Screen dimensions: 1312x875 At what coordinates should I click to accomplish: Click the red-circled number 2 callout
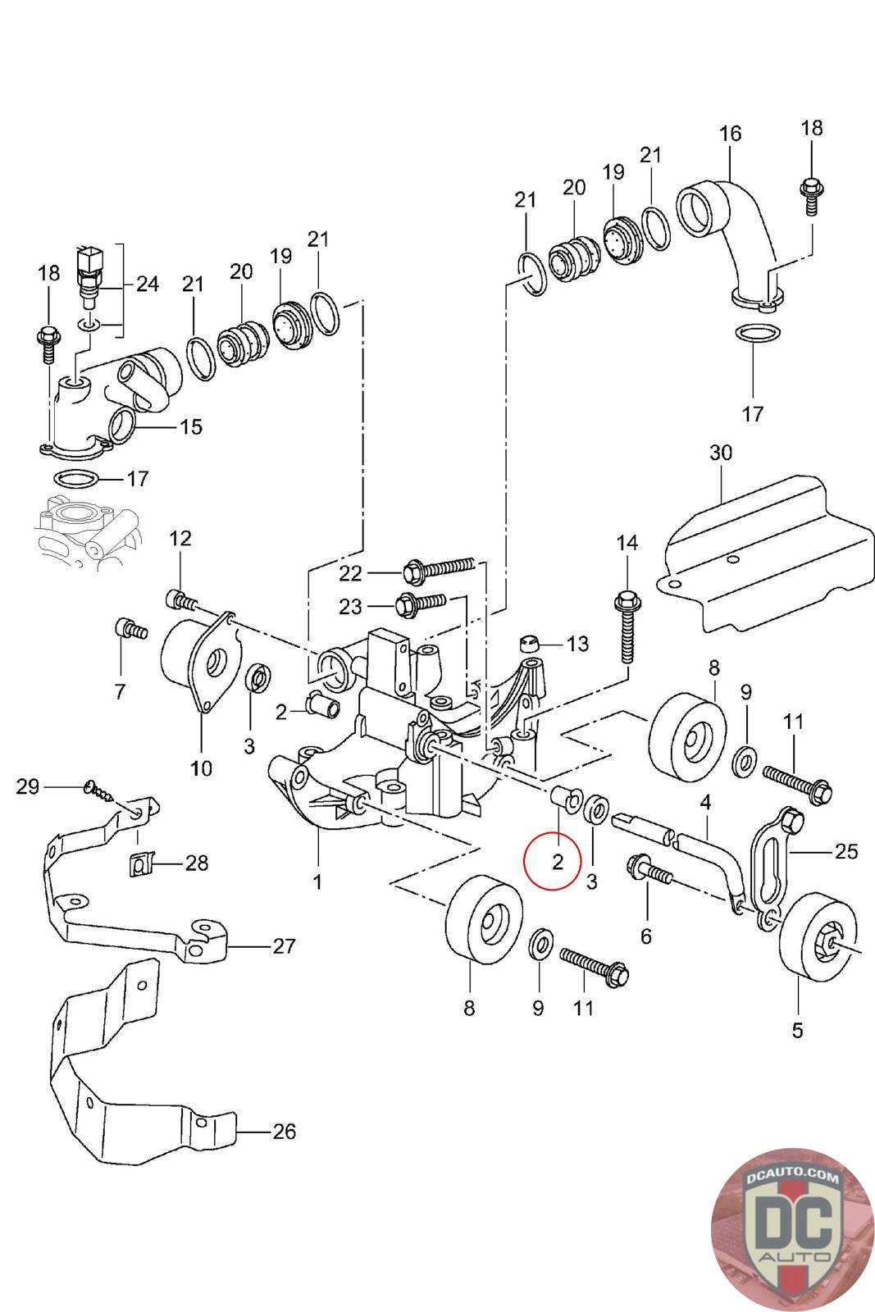point(558,861)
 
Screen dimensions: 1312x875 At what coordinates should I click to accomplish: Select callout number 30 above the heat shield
point(721,453)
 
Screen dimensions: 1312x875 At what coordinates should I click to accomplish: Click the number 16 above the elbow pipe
point(730,134)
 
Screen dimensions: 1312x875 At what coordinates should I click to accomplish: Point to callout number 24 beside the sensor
point(148,285)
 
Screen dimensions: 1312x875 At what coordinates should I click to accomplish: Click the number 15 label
point(190,427)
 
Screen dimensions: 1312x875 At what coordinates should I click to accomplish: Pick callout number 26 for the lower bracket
point(283,1132)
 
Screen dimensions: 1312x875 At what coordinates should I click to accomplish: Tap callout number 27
point(284,946)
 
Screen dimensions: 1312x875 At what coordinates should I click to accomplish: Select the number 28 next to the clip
point(197,863)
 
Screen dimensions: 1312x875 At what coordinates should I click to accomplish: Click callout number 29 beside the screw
point(28,787)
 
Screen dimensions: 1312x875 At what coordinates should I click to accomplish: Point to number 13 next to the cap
point(577,644)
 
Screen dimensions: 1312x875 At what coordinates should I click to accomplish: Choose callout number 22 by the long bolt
point(351,572)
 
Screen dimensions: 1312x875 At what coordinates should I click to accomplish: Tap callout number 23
point(351,607)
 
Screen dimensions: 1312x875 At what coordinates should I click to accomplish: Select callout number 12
point(180,539)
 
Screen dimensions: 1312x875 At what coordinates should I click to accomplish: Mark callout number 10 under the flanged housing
point(201,768)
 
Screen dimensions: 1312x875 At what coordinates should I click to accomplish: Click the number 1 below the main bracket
point(317,882)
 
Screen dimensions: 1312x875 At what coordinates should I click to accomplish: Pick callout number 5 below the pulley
point(797,1029)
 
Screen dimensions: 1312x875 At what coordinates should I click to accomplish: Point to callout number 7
point(120,692)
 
